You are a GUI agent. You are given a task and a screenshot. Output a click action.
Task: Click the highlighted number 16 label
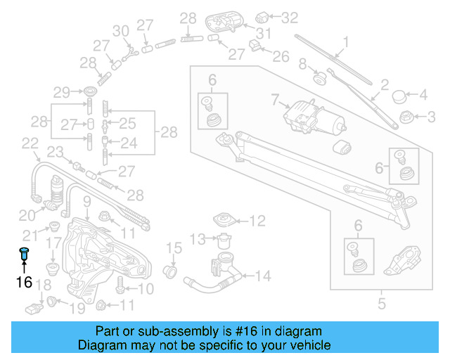[25, 283]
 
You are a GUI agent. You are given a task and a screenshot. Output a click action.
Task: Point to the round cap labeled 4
[399, 95]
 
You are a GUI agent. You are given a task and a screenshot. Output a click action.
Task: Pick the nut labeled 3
[406, 116]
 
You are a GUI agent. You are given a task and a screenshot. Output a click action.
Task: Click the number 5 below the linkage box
[382, 304]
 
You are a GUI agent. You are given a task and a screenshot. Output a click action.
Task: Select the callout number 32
[290, 15]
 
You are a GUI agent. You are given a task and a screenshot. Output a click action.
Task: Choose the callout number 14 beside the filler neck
[262, 276]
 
